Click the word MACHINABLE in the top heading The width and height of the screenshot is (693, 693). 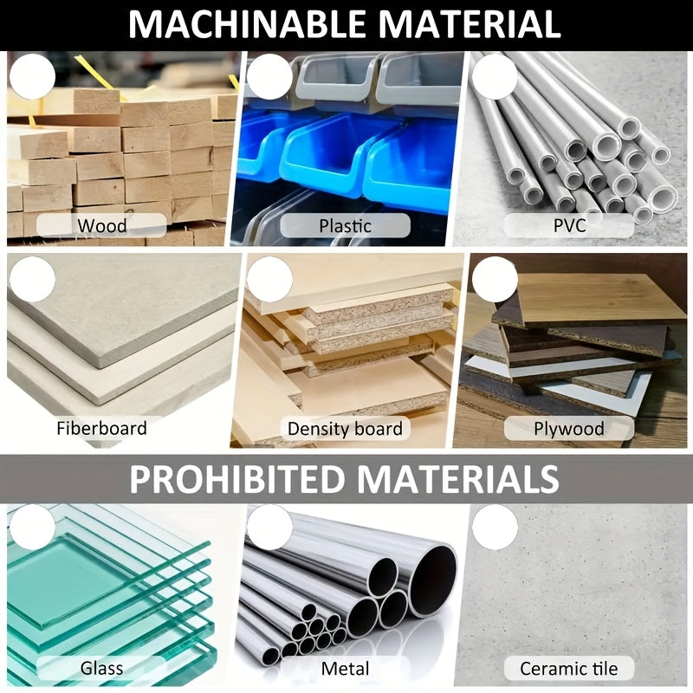click(x=248, y=24)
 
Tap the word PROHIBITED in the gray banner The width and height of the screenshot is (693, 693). click(x=236, y=479)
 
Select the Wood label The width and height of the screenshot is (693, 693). click(x=102, y=226)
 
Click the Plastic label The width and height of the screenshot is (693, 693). click(x=345, y=226)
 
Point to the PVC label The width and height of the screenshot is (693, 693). click(x=570, y=225)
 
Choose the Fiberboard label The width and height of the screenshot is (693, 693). click(x=101, y=428)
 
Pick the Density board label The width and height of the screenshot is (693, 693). click(x=345, y=429)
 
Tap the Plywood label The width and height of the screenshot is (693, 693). click(x=569, y=429)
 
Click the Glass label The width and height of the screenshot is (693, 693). click(x=101, y=668)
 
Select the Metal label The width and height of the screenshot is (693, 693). click(x=345, y=669)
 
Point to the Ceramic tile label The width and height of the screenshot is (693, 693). click(x=569, y=669)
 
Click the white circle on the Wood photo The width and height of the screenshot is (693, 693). click(x=32, y=76)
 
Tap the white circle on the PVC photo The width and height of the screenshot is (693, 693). click(x=495, y=76)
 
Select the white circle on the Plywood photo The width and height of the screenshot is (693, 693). click(x=495, y=279)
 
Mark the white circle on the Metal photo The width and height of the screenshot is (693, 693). click(x=269, y=528)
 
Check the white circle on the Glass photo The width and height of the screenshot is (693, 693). click(x=32, y=528)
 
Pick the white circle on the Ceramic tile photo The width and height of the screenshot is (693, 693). click(x=495, y=528)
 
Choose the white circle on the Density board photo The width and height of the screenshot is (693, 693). click(x=269, y=279)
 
